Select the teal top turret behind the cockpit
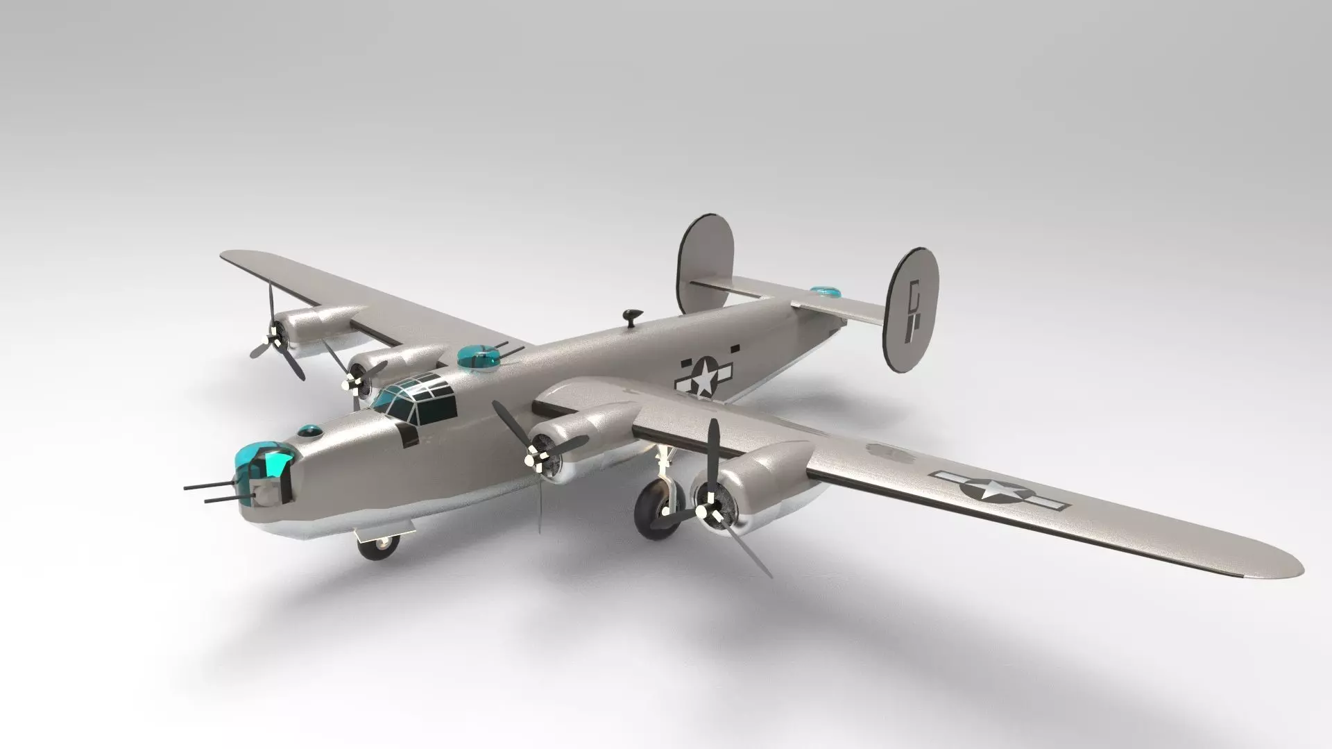pyautogui.click(x=478, y=356)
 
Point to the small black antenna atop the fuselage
pyautogui.click(x=632, y=316)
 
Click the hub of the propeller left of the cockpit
pyautogui.click(x=350, y=382)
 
